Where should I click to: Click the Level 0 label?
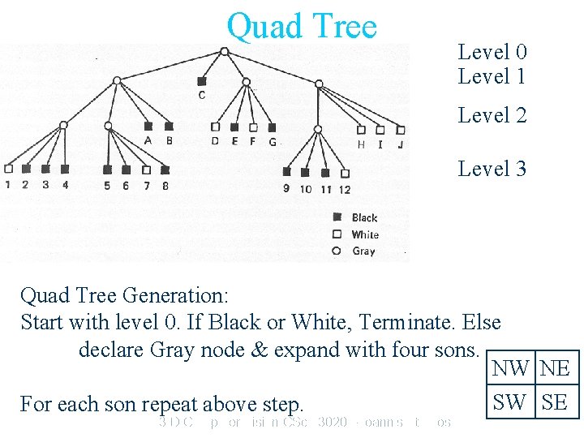tap(492, 52)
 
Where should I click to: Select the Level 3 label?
tap(492, 169)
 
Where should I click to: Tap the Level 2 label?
tap(492, 115)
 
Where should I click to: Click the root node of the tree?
tap(225, 51)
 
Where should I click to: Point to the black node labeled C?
tap(201, 81)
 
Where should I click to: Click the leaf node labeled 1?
tap(8, 170)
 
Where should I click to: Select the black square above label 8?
tap(165, 170)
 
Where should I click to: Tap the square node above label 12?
tap(345, 173)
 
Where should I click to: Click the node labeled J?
tap(401, 129)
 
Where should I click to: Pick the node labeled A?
tap(148, 127)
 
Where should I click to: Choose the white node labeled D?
tap(215, 127)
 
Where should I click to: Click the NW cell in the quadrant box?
tap(510, 368)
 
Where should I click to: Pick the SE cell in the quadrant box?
tap(556, 401)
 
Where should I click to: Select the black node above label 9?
tap(286, 172)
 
